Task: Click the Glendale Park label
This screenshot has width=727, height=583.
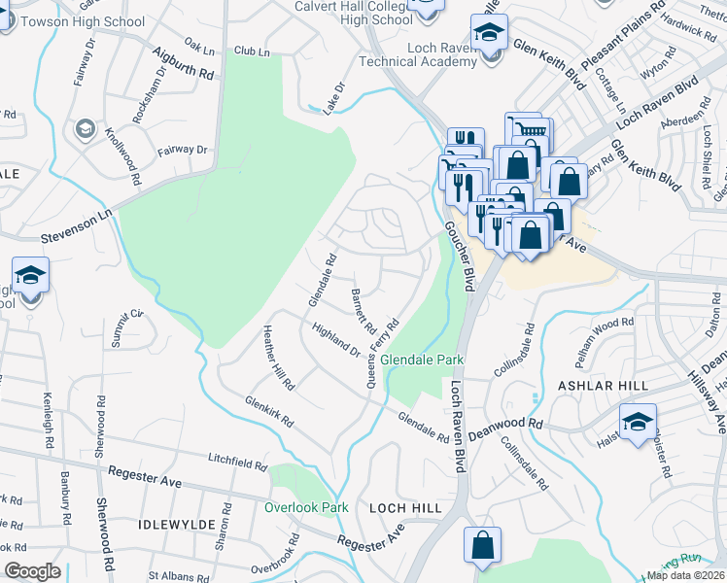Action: (421, 360)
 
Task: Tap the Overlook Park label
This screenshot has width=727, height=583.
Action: (305, 507)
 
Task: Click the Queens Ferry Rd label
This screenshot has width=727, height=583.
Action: (383, 351)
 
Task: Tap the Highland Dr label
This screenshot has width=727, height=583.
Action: (335, 339)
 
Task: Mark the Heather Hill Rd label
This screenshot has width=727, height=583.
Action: (278, 358)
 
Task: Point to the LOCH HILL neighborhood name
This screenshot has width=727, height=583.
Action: (405, 508)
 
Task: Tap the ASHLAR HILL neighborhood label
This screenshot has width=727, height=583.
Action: (603, 386)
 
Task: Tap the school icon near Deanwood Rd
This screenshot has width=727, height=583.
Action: (638, 422)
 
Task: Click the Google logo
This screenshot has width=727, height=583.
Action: (33, 570)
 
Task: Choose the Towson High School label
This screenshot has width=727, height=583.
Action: (83, 21)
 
